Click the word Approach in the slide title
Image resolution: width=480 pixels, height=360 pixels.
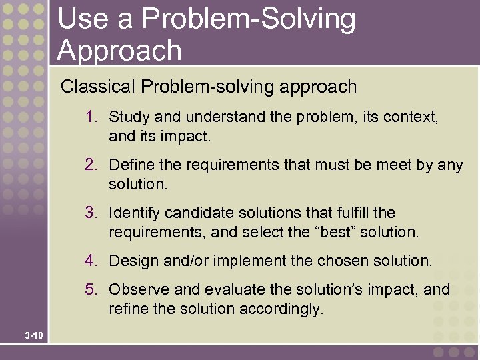(x=119, y=51)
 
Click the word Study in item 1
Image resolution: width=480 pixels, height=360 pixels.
(x=129, y=117)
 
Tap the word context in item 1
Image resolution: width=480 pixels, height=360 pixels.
(x=411, y=117)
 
